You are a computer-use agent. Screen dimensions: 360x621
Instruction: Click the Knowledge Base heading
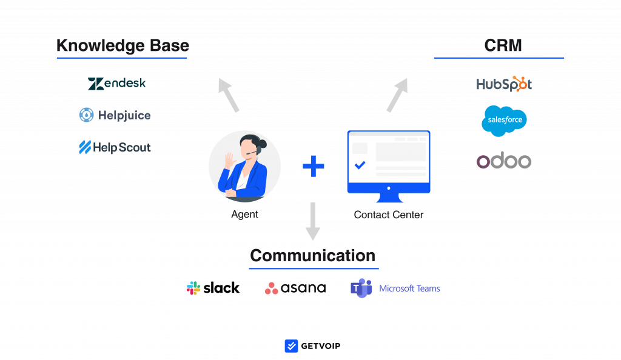(x=123, y=46)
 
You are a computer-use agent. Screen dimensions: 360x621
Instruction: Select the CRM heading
(x=503, y=46)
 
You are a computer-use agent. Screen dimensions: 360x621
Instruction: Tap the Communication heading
(x=312, y=255)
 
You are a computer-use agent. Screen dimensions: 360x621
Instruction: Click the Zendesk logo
(x=116, y=84)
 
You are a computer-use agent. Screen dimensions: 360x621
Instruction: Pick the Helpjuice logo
(x=115, y=115)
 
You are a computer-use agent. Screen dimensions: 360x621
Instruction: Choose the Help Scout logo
(x=115, y=147)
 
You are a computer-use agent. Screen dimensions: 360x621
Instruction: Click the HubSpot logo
(x=504, y=84)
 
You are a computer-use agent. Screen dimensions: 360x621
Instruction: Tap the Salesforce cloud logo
(x=504, y=120)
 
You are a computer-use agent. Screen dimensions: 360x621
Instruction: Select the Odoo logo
(x=504, y=161)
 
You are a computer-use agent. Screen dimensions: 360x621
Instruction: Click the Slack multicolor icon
(x=193, y=288)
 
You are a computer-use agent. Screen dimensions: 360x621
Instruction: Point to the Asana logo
(x=295, y=288)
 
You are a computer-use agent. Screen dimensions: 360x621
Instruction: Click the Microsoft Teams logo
(x=395, y=288)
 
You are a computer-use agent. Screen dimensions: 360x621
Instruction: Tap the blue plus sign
(x=314, y=166)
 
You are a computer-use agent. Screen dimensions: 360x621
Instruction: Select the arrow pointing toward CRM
(x=397, y=95)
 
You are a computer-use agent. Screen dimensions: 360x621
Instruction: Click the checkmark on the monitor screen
(x=360, y=164)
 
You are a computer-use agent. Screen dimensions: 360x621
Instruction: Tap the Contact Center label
(x=388, y=215)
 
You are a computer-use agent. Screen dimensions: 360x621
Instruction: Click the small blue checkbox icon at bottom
(x=292, y=346)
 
